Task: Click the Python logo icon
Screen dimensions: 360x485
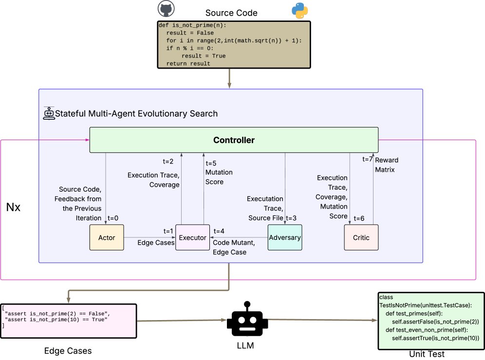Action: tap(299, 11)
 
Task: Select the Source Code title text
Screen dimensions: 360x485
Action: tap(231, 13)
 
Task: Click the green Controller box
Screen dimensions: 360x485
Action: tap(234, 140)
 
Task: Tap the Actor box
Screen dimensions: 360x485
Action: tap(106, 237)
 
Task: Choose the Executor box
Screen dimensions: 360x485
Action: tap(192, 238)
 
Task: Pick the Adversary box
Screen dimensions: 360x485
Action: tap(285, 237)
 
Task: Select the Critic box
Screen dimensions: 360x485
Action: tap(361, 237)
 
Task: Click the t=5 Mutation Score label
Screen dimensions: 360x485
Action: tap(219, 173)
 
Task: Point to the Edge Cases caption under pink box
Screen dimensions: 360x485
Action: tap(68, 351)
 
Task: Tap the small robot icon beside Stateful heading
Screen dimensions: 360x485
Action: tap(49, 113)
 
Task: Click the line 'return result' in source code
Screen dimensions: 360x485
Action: tap(188, 64)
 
